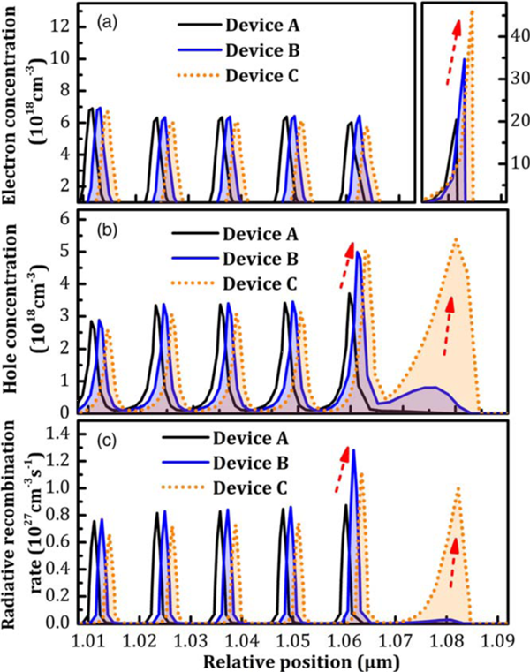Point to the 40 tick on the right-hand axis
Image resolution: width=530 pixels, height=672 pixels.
pyautogui.click(x=511, y=36)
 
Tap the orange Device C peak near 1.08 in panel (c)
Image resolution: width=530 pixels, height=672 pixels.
pyautogui.click(x=458, y=488)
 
